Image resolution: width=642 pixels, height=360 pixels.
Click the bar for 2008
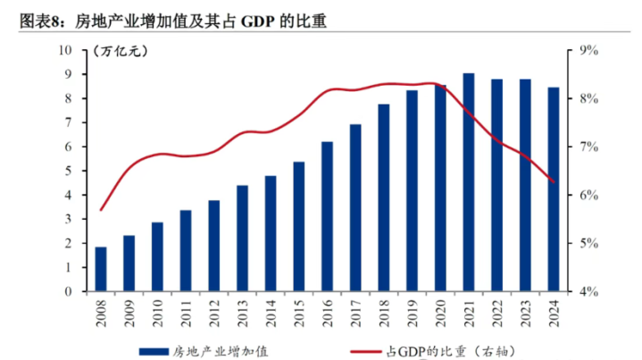(x=101, y=269)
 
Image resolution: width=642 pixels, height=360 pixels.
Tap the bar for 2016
(x=327, y=216)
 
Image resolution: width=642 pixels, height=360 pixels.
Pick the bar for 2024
(x=554, y=189)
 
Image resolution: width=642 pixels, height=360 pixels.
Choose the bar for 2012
(x=214, y=246)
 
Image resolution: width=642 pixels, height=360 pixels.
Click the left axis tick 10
(x=66, y=51)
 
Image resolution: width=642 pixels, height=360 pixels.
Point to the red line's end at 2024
(x=554, y=182)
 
